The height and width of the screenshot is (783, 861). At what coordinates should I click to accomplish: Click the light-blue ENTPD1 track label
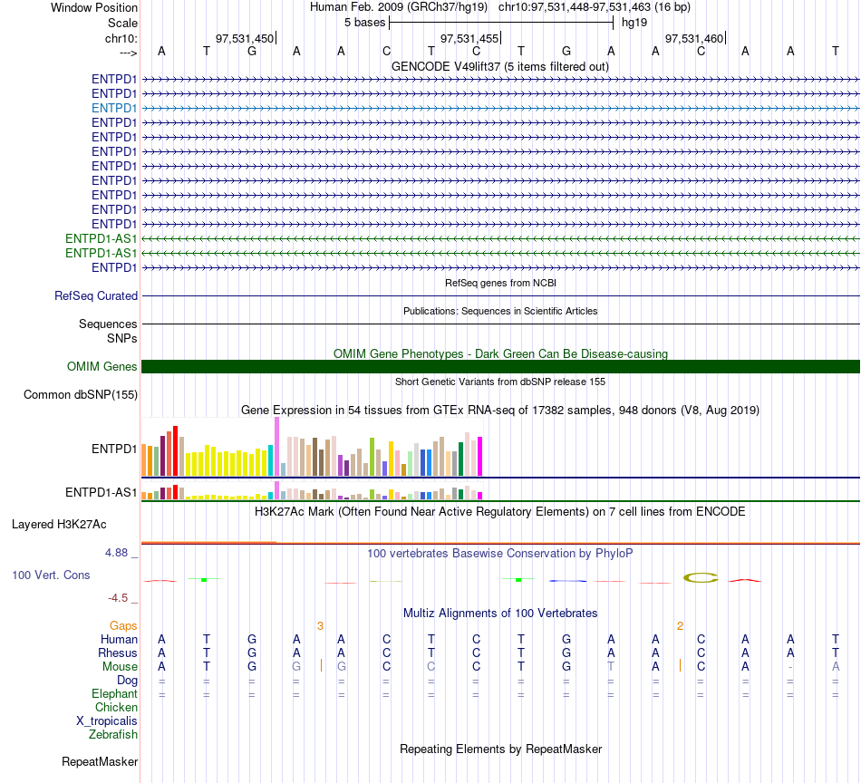coord(113,108)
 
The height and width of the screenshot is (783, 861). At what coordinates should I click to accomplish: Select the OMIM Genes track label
coord(102,366)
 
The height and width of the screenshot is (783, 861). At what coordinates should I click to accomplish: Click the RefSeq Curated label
coord(95,295)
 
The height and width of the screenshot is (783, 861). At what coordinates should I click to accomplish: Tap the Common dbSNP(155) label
coord(80,395)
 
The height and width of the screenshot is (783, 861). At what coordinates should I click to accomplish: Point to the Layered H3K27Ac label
coord(59,525)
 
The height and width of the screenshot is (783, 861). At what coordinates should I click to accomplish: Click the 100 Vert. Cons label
coord(51,575)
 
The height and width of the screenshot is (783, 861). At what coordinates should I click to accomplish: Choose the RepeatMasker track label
coord(100,761)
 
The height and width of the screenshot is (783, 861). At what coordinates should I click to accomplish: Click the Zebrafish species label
coord(113,734)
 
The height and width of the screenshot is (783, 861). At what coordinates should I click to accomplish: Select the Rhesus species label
coord(118,652)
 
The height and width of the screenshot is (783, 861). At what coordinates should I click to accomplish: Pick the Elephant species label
coord(114,693)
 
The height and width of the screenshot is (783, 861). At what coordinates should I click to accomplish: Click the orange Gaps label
coord(123,626)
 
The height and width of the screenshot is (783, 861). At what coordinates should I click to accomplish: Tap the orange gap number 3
coord(320,626)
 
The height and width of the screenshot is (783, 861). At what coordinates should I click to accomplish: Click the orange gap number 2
coord(680,626)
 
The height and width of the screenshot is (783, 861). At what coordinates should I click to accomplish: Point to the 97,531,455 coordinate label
coord(469,38)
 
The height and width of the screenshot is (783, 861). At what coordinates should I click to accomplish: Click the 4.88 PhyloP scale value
coord(116,553)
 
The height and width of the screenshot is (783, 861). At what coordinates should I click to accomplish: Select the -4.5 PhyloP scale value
coord(118,597)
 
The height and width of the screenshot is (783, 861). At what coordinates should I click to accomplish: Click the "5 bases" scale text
coord(364,23)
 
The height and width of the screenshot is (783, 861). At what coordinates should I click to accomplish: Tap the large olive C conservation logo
coord(701,577)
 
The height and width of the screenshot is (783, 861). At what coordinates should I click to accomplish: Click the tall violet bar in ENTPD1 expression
coord(276,447)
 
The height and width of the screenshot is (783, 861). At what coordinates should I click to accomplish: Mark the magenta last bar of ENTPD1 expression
coord(480,456)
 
